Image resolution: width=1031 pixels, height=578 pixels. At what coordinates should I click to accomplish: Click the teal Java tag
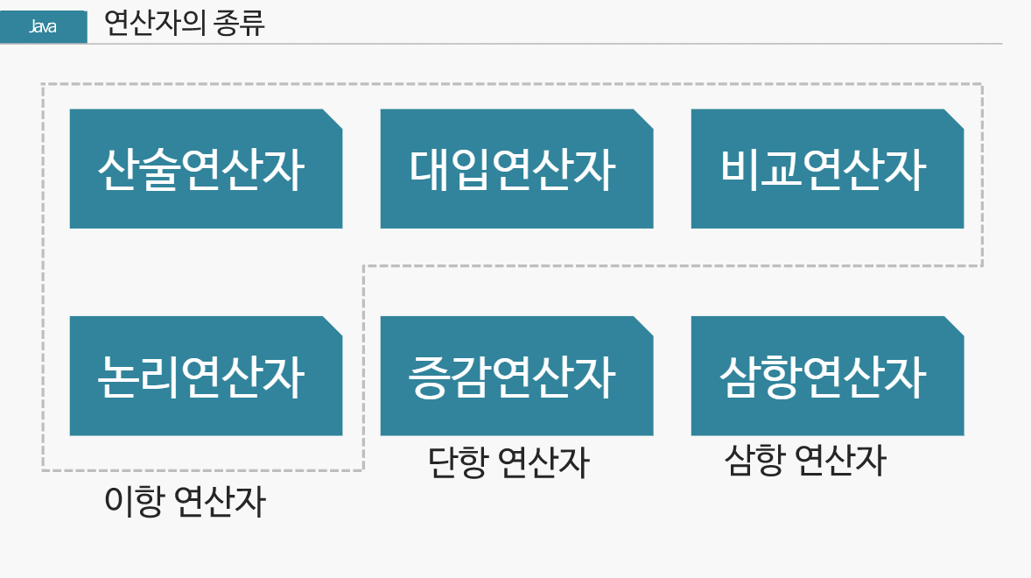click(x=44, y=27)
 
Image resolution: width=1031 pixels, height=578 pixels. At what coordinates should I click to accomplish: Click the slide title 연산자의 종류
click(x=184, y=24)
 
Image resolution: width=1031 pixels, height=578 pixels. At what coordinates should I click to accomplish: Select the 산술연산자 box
click(x=206, y=169)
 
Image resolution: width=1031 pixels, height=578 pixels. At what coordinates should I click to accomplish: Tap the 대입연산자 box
click(x=516, y=169)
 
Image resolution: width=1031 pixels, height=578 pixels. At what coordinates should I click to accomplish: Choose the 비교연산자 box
click(x=827, y=169)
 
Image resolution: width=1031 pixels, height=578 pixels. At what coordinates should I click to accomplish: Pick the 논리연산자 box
click(x=206, y=377)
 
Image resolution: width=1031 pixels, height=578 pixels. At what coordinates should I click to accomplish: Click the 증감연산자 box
click(x=516, y=377)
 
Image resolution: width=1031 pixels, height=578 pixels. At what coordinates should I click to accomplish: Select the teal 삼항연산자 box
click(x=827, y=377)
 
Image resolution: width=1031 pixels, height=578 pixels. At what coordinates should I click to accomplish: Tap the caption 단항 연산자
click(x=508, y=462)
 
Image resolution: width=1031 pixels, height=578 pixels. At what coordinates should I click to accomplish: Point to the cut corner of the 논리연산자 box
click(x=333, y=325)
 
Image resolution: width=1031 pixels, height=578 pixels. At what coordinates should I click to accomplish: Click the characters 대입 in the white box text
click(x=449, y=169)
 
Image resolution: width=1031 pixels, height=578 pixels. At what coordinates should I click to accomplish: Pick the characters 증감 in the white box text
click(x=449, y=377)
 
